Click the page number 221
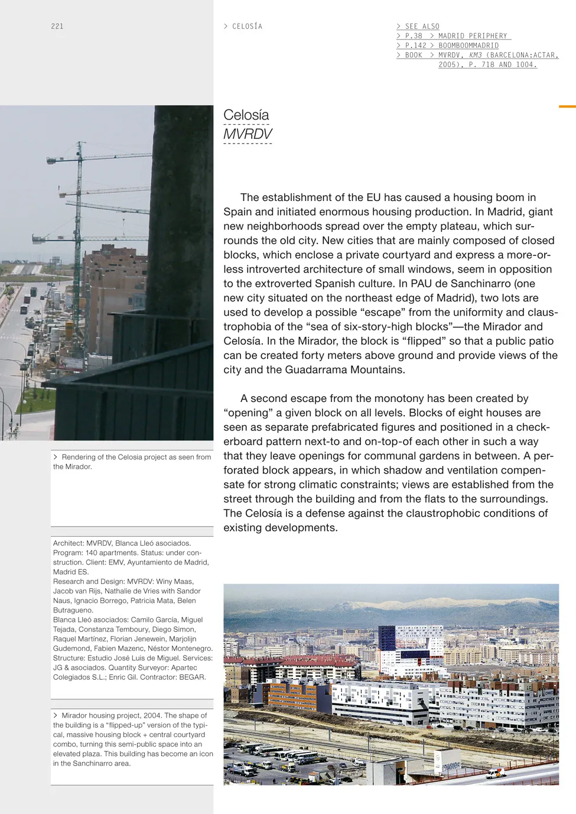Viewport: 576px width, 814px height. [x=57, y=27]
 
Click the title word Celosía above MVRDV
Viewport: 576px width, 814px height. [x=246, y=115]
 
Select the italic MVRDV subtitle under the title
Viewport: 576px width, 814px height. [x=248, y=134]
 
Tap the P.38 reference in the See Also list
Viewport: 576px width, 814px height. [x=414, y=36]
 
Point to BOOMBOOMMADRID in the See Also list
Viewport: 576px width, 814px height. [x=468, y=46]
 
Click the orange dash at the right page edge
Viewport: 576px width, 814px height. [x=567, y=106]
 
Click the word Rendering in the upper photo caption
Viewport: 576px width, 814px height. [x=79, y=457]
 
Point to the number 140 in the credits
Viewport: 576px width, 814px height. [x=92, y=553]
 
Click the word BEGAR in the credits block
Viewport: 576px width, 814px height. [x=191, y=677]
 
